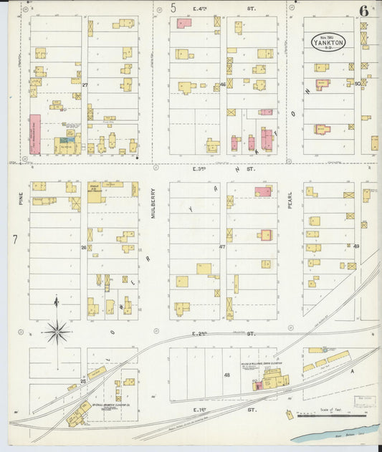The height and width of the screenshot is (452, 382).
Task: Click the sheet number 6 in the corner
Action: point(365,11)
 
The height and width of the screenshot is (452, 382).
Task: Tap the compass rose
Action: point(56,331)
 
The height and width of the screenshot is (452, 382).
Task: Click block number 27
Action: point(84,85)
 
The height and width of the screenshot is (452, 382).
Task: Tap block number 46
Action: point(223,85)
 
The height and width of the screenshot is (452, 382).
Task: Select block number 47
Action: point(222,247)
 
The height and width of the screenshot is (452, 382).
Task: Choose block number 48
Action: point(226,375)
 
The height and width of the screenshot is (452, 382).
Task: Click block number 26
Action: point(84,247)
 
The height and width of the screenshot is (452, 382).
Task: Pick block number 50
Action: point(357,84)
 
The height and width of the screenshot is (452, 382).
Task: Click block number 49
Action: point(356,246)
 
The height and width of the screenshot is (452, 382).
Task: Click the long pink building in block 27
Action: point(34,134)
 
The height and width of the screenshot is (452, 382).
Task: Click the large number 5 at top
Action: point(173,8)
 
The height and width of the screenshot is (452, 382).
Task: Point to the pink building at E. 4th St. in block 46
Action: point(184,23)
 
